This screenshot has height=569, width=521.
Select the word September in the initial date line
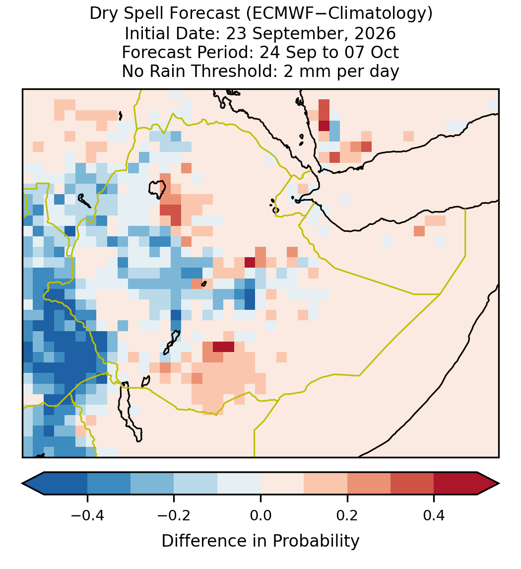[297, 34]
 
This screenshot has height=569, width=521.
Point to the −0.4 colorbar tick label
[87, 515]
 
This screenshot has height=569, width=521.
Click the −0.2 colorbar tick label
[174, 515]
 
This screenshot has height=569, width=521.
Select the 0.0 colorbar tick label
[260, 515]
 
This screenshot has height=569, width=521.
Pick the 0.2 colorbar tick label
[347, 515]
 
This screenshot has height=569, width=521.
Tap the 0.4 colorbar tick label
[434, 515]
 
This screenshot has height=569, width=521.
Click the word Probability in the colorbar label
[316, 541]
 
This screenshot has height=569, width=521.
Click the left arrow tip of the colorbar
[22, 484]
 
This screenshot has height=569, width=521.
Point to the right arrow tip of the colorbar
[499, 484]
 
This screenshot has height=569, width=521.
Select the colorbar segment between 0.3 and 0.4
[412, 484]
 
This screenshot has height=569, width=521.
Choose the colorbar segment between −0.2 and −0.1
[196, 484]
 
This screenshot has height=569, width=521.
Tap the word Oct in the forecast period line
[385, 52]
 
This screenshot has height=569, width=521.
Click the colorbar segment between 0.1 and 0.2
[326, 484]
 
